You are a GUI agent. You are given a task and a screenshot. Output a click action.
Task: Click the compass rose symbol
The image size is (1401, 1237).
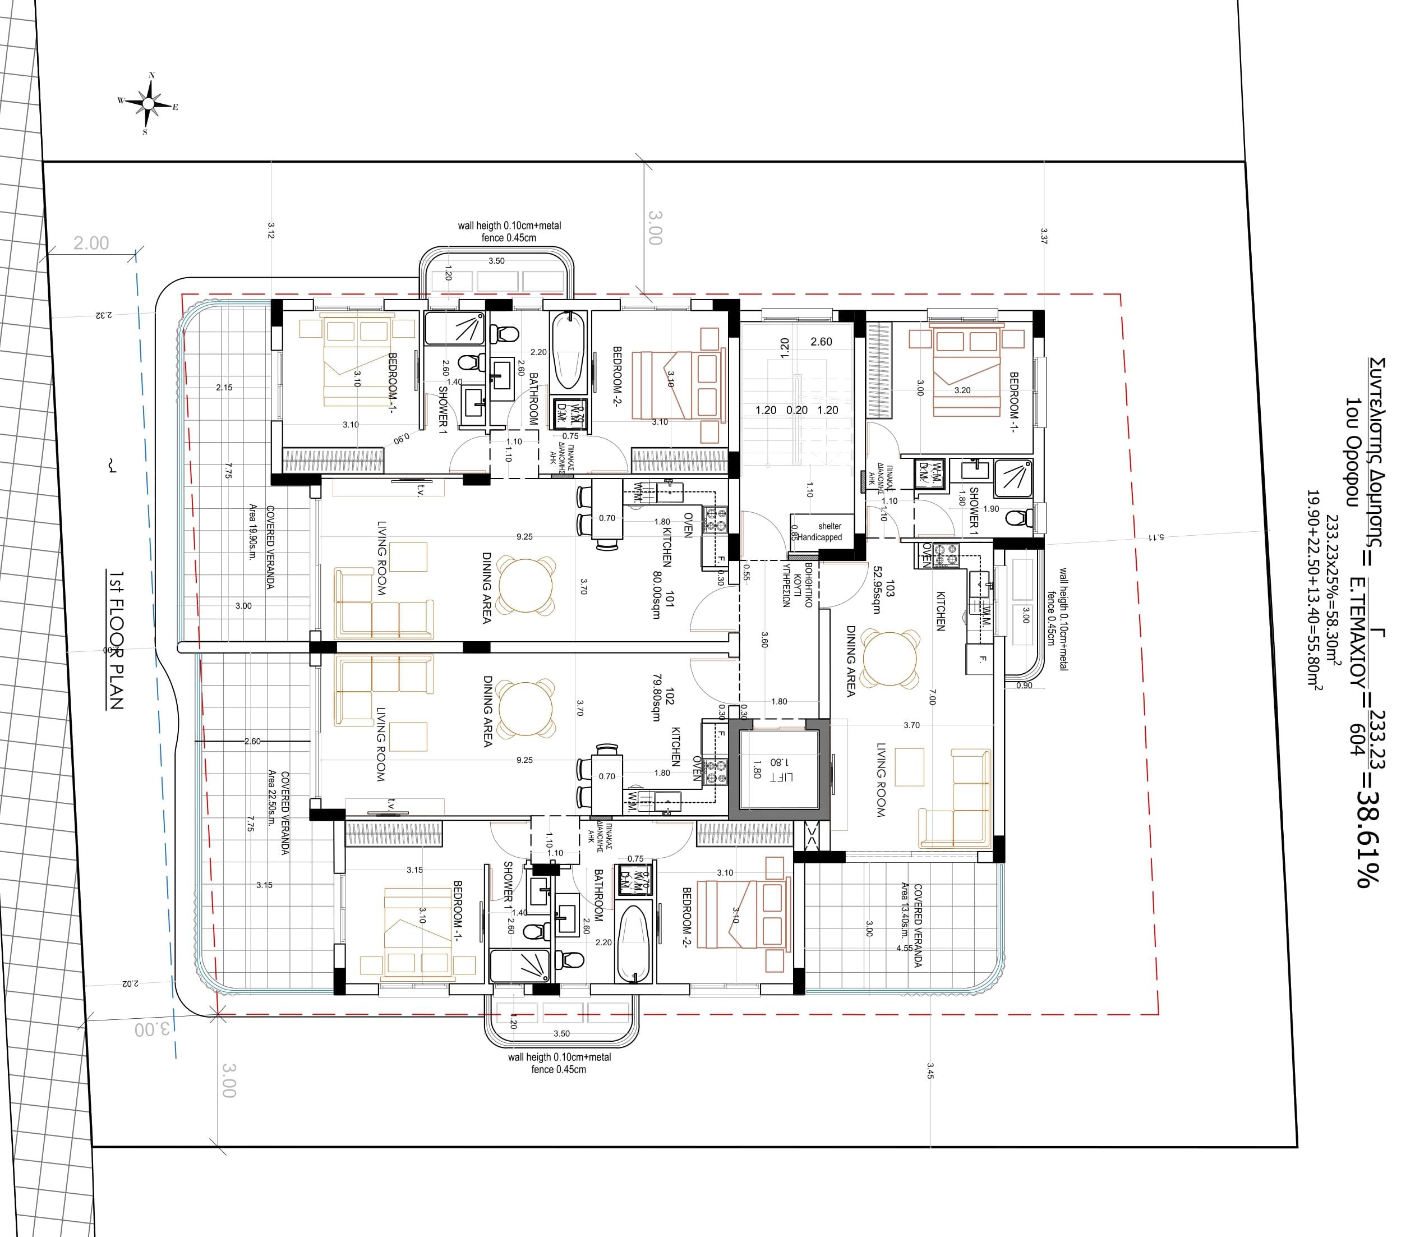148,104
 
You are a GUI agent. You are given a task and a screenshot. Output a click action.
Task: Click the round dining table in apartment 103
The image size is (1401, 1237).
889,658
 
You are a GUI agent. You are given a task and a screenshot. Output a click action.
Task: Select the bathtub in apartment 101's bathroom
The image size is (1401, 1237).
569,351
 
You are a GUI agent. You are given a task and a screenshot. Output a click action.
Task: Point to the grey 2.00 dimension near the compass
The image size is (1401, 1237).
91,243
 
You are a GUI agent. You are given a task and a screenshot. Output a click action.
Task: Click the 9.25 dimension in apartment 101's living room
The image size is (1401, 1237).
524,537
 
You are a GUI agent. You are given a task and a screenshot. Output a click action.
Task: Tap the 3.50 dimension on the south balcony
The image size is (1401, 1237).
561,1033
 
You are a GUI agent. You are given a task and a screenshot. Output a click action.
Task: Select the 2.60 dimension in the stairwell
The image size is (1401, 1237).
821,342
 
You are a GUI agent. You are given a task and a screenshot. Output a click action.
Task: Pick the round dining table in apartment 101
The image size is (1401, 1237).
525,587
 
